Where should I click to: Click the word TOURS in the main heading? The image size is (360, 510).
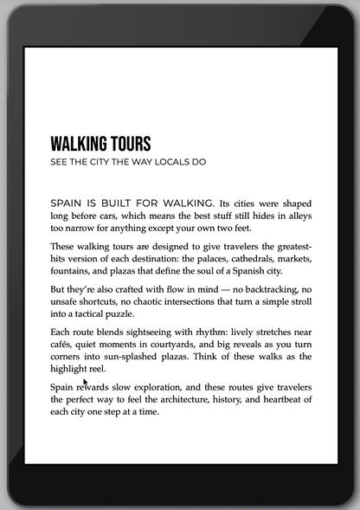(128, 144)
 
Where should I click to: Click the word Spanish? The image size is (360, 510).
(245, 270)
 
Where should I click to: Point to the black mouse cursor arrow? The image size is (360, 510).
(85, 382)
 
